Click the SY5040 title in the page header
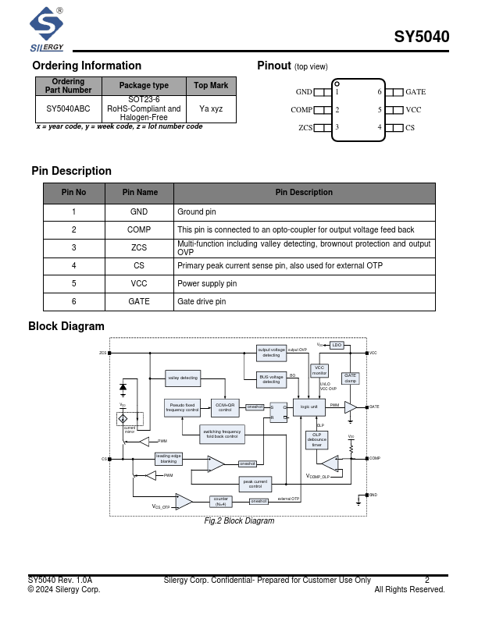[x=421, y=37]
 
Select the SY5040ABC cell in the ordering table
[x=68, y=108]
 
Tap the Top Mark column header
[x=211, y=85]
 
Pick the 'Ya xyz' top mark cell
[x=211, y=108]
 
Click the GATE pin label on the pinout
[x=416, y=92]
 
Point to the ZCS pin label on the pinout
[x=305, y=127]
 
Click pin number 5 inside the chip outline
[x=380, y=110]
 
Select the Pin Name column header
[x=140, y=192]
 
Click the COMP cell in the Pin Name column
[x=139, y=229]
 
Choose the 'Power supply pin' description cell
[x=207, y=283]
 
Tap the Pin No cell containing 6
[x=73, y=301]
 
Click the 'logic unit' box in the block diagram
[x=309, y=407]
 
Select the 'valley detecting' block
[x=183, y=378]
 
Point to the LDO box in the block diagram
[x=337, y=345]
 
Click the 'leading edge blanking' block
[x=169, y=458]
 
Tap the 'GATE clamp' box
[x=351, y=378]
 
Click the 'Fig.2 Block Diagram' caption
[x=239, y=520]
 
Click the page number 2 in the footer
[x=427, y=580]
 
